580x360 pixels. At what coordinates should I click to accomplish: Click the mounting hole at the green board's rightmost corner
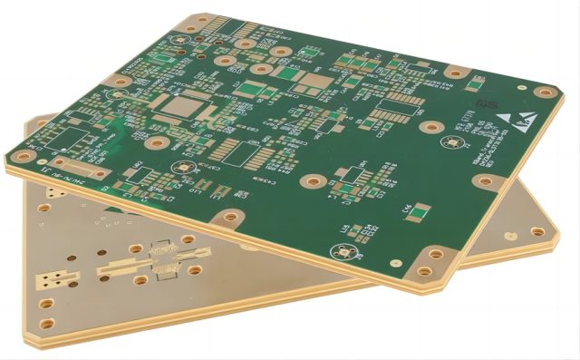(544, 92)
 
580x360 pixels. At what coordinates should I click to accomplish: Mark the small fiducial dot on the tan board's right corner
(519, 231)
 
